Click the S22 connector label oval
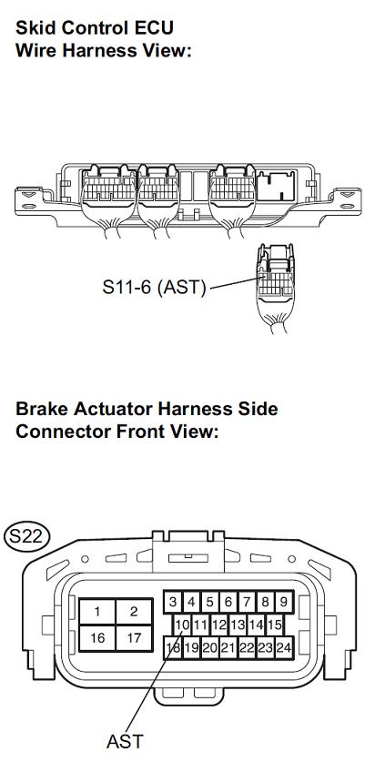tap(26, 536)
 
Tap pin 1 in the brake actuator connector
tap(97, 611)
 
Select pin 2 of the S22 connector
tap(134, 611)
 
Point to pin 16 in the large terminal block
tap(97, 637)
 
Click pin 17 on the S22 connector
tap(134, 637)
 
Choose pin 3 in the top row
tap(173, 603)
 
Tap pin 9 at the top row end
tap(284, 603)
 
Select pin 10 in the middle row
tap(182, 625)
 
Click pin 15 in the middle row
tap(275, 625)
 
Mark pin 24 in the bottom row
tap(284, 647)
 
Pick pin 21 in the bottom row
tap(228, 647)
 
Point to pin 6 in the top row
tap(228, 603)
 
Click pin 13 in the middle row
tap(238, 625)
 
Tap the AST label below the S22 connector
tap(125, 742)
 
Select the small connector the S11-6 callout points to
tap(276, 288)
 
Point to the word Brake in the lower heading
tap(42, 408)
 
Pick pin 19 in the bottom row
tap(191, 647)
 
